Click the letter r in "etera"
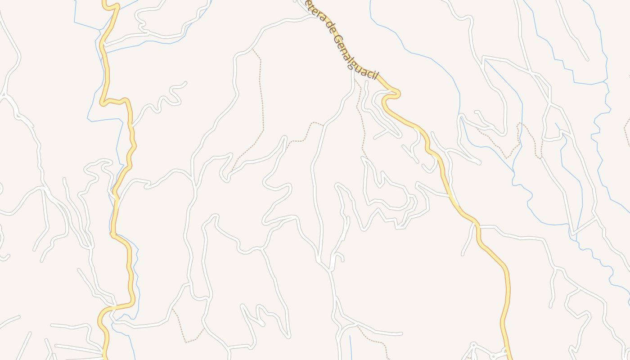(x=317, y=14)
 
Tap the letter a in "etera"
(x=320, y=18)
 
